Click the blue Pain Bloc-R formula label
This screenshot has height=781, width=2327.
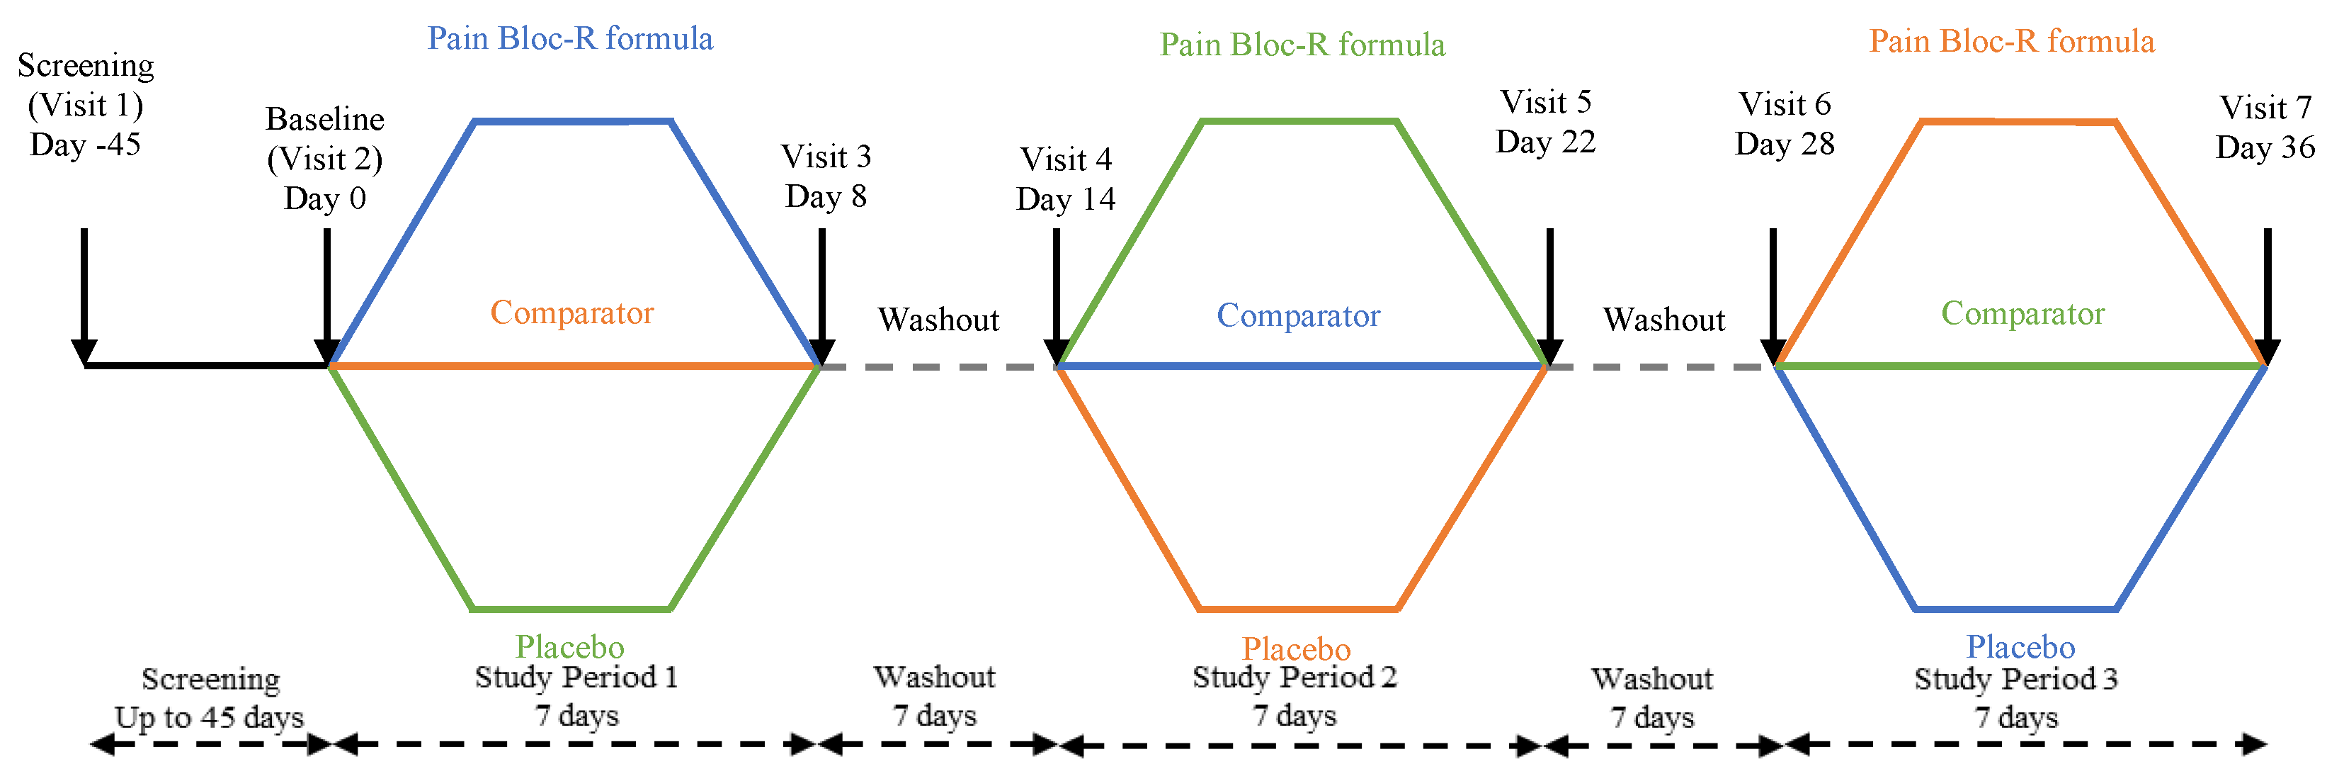pos(570,39)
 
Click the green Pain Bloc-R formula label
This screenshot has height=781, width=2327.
pos(1302,45)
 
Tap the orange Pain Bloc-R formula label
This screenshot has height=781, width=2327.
pos(2011,42)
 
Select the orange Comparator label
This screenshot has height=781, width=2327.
pos(571,313)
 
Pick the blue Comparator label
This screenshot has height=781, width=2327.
pos(1298,315)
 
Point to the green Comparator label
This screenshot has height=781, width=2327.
pos(2022,314)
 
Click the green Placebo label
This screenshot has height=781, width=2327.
pos(569,646)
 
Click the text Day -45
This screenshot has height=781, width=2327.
pos(85,145)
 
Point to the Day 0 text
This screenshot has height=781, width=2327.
pos(324,198)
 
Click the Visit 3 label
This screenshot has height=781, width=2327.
pos(826,157)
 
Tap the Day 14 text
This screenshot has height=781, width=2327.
pos(1065,199)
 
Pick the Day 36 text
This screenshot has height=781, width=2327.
pos(2265,147)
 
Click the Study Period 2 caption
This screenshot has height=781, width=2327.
pos(1294,677)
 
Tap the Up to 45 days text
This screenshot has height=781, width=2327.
pos(209,718)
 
